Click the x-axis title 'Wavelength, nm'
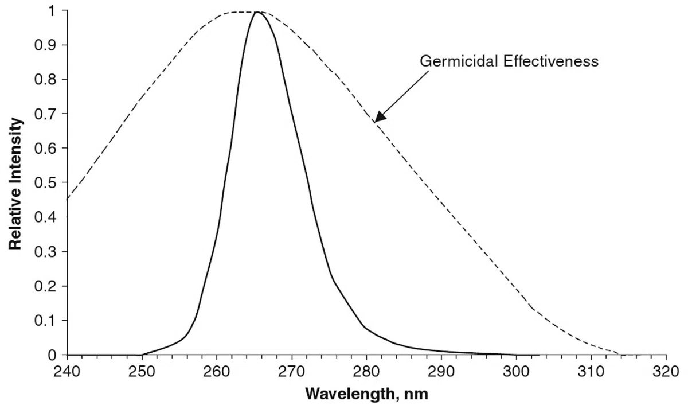tap(366, 395)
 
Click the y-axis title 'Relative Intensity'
tap(16, 184)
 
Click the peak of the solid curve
tap(257, 11)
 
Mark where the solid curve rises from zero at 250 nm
tap(142, 355)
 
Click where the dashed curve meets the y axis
tap(68, 199)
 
